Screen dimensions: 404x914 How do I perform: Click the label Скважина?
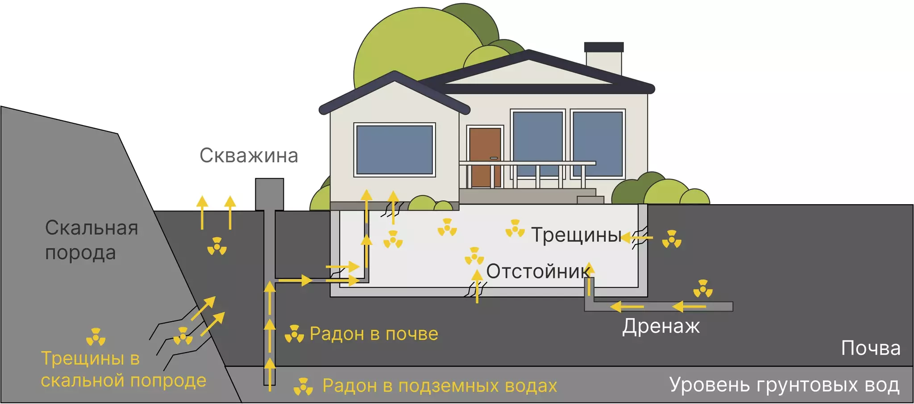[x=249, y=156]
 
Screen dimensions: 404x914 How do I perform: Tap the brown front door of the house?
[x=485, y=157]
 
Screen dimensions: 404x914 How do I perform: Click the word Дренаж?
[x=661, y=326]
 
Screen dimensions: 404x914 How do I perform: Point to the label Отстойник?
[x=537, y=271]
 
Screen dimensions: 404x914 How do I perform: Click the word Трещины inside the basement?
[x=575, y=235]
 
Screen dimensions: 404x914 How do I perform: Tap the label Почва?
[x=870, y=348]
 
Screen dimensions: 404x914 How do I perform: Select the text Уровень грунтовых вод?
[x=784, y=385]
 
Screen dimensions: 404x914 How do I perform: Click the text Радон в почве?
[x=374, y=334]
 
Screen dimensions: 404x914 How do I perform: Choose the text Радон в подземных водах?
[x=440, y=386]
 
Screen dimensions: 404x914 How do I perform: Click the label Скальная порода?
[x=91, y=240]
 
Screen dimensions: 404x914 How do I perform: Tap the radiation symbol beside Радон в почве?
[x=294, y=334]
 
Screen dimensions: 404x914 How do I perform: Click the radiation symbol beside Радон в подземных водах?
[x=303, y=386]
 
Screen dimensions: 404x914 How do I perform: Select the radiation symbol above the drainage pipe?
[x=703, y=289]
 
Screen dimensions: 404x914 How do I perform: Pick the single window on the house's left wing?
[x=395, y=150]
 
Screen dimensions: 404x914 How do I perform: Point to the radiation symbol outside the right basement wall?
[x=672, y=239]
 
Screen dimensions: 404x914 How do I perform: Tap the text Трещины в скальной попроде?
[x=123, y=370]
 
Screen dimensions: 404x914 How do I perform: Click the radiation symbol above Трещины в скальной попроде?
[x=96, y=337]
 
